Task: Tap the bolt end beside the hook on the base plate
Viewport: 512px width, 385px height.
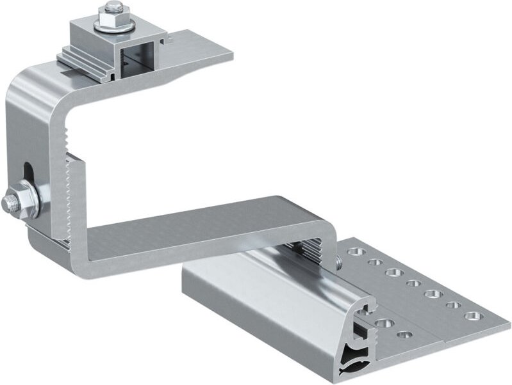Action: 338,261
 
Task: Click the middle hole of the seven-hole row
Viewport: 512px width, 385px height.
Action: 412,283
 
